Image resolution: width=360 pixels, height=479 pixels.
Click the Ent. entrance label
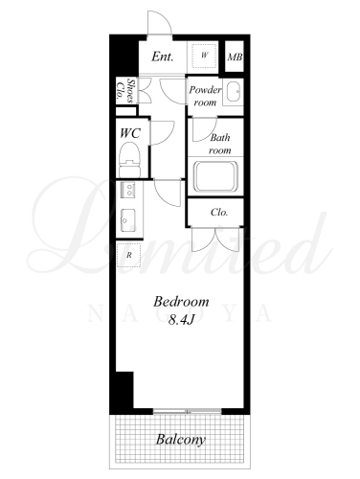163,57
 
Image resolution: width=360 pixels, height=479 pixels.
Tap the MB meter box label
235,57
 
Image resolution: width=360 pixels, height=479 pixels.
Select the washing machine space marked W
204,56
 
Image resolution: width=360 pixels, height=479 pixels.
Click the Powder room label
205,96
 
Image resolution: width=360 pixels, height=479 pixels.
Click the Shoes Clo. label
125,91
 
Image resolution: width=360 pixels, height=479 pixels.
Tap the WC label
130,133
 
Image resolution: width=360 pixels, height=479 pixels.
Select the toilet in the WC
129,159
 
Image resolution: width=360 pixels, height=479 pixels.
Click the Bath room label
220,144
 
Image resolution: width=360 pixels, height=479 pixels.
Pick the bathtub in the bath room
215,176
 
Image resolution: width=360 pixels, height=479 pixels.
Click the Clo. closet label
219,212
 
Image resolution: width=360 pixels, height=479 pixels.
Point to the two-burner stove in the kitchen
129,189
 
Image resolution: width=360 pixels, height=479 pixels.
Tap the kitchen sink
127,220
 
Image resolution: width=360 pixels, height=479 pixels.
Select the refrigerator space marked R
129,255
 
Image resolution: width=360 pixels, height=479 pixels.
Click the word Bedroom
181,302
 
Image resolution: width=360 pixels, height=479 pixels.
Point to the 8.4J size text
181,320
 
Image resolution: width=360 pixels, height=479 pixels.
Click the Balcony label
180,440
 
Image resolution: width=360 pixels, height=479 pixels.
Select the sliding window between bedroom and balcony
187,412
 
